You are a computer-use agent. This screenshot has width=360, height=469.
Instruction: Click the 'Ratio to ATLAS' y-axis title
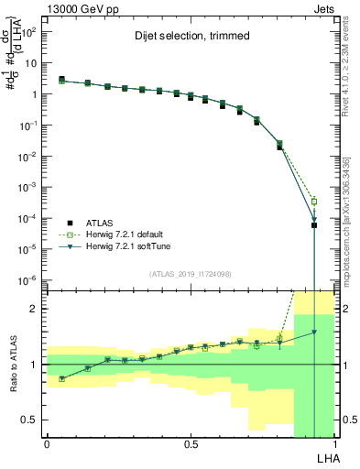[x=13, y=365]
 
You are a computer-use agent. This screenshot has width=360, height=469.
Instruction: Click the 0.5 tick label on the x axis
[x=191, y=442]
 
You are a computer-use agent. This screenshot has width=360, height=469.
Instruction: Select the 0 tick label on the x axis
[x=46, y=442]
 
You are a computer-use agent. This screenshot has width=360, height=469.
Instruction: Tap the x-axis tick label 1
[x=335, y=442]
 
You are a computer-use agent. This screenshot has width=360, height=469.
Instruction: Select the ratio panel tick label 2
[x=35, y=309]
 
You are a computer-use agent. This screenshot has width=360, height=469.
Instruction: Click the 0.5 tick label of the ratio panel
[x=31, y=420]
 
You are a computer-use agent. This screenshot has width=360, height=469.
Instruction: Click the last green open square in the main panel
[x=314, y=202]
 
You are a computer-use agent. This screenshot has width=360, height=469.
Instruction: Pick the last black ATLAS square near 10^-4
[x=314, y=225]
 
